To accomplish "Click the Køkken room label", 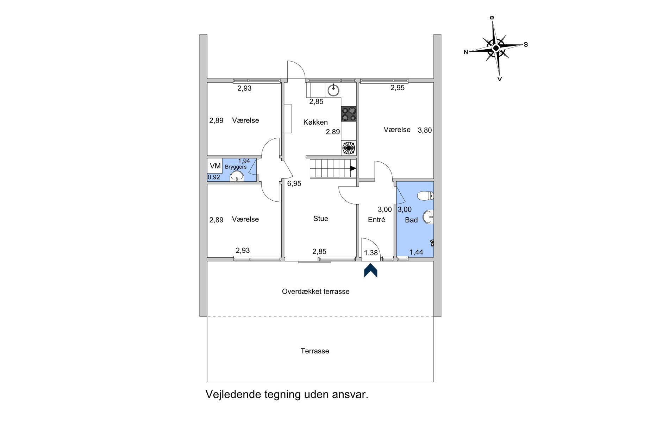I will (315, 122).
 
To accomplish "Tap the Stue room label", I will (320, 219).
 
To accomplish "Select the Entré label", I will (376, 220).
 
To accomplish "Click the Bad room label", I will (411, 220).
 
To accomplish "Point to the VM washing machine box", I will (215, 166).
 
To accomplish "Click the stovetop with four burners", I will (349, 114).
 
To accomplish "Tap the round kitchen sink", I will (333, 90).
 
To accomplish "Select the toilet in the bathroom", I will (425, 195).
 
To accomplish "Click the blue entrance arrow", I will (370, 271).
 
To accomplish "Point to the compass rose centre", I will (496, 48).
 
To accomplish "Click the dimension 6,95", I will (294, 183).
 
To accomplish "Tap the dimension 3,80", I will (425, 130).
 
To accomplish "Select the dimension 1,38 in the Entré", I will (371, 253).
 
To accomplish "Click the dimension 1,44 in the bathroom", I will (416, 252).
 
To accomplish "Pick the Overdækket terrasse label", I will (315, 291).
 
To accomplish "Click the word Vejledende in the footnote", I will (233, 395).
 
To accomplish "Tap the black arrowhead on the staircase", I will (353, 168).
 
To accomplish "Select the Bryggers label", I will (236, 167).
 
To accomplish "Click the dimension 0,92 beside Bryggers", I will (214, 177).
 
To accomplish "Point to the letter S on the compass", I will (525, 45).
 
